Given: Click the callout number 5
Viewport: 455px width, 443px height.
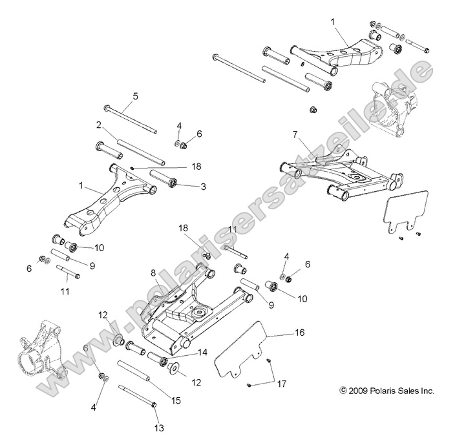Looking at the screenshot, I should pos(135,96).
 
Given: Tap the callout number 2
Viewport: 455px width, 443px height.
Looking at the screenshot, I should pos(99,125).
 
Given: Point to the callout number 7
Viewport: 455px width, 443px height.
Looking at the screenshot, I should pos(295,134).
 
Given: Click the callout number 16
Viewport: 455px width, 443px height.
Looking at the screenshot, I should pos(299,333).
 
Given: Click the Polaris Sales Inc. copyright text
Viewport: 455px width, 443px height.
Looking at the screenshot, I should pos(377,391).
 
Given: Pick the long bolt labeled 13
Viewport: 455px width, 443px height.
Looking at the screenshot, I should pos(136,397).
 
